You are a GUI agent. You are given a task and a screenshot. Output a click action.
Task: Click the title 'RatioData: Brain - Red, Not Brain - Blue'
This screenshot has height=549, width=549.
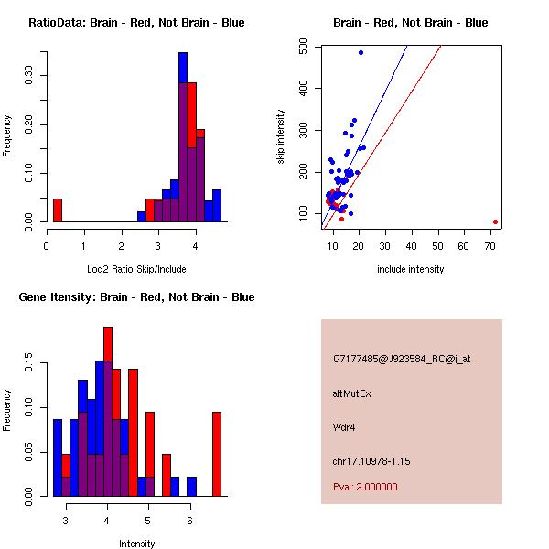pos(136,23)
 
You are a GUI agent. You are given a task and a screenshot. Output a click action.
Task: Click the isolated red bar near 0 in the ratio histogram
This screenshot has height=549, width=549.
pos(57,210)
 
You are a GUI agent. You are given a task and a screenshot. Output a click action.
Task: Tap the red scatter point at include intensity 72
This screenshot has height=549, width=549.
pos(495,221)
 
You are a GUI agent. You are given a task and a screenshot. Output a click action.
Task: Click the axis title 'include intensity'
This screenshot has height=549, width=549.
pos(410,269)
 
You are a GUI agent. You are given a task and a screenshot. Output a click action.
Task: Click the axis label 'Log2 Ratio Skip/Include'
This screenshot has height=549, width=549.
pos(135,269)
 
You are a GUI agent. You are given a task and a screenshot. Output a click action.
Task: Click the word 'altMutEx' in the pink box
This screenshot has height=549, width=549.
pos(352,393)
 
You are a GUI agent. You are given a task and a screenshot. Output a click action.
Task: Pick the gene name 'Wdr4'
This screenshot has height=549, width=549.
pos(344,427)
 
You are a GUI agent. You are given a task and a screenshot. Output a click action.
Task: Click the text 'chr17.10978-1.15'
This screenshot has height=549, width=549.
pos(371,461)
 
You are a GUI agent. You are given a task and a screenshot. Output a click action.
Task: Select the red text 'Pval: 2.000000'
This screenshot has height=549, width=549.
pos(365,487)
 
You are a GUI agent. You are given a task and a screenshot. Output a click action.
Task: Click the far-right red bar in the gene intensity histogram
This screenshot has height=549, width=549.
pos(217,453)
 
